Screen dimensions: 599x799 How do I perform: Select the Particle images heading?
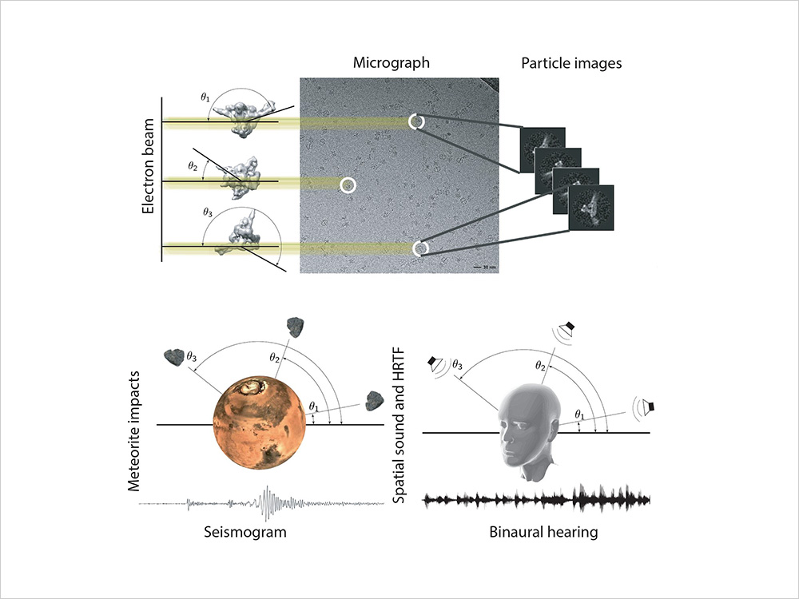click(x=571, y=63)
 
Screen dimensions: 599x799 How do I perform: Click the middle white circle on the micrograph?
click(x=348, y=185)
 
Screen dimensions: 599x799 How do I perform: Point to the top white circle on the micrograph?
click(x=415, y=121)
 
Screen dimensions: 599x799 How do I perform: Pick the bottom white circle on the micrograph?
click(x=420, y=248)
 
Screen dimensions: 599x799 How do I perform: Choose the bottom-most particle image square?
click(x=590, y=208)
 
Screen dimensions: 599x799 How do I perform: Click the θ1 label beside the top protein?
click(x=205, y=97)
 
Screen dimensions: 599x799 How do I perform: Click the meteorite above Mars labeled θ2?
click(x=297, y=326)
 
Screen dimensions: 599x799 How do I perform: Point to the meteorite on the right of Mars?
click(x=373, y=402)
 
